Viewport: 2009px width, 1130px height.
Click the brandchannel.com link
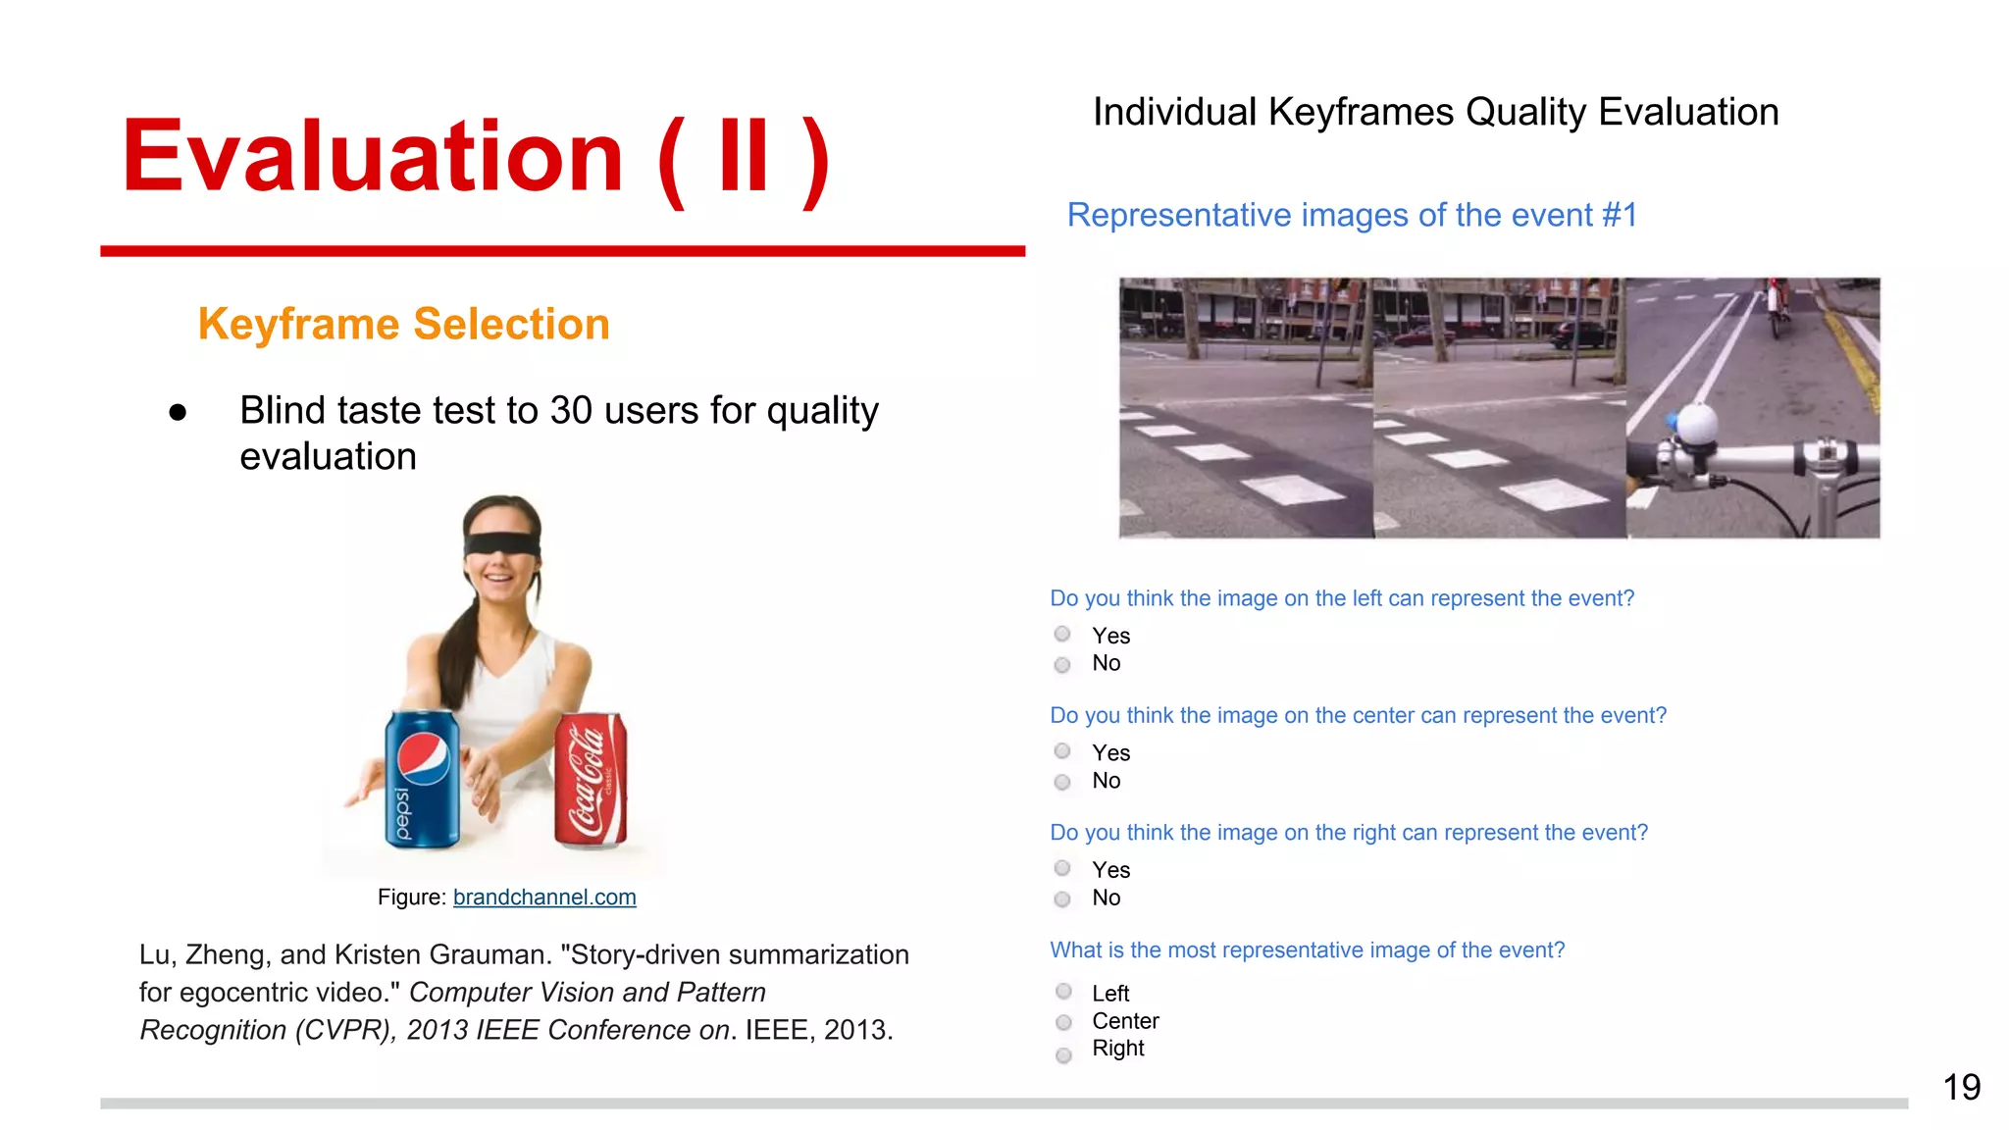point(544,898)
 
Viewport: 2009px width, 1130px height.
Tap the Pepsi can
point(422,780)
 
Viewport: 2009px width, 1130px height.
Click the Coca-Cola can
point(591,781)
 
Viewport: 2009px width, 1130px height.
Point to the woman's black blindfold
point(502,545)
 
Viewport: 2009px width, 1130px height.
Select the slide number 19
point(1961,1088)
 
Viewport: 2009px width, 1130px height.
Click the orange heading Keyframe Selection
point(403,325)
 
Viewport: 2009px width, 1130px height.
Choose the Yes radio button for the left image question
point(1062,635)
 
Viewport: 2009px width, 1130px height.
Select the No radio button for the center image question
point(1062,782)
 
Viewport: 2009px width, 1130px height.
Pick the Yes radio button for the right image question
point(1062,868)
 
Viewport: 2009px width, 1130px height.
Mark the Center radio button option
point(1063,1022)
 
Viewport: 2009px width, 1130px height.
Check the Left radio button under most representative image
point(1063,992)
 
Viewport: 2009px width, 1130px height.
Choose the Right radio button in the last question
point(1063,1055)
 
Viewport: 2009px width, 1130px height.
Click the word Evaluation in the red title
point(372,157)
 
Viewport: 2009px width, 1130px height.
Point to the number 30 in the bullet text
point(572,411)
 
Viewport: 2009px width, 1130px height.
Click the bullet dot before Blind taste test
point(178,413)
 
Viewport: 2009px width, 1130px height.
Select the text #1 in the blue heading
point(1619,216)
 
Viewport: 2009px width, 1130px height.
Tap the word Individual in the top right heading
point(1174,113)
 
